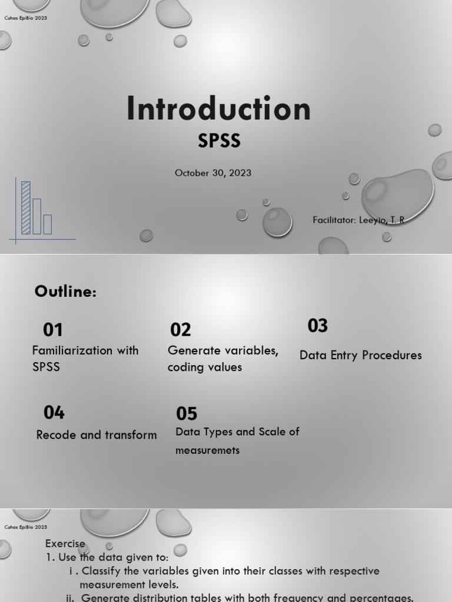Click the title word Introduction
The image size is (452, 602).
[218, 110]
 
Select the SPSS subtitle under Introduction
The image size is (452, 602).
[219, 141]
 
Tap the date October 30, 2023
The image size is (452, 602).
[213, 173]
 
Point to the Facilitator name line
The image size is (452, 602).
[358, 220]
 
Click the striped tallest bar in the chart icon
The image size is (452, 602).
[26, 208]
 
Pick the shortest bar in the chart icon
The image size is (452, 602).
[48, 224]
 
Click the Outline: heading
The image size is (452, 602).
[65, 292]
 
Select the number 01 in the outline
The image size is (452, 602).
[53, 330]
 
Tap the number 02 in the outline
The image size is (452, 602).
[181, 330]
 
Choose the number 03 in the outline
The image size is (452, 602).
[318, 326]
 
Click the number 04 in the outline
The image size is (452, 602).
[54, 413]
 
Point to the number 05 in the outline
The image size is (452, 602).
[187, 414]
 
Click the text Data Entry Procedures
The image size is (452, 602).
[360, 355]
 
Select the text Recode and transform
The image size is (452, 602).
[97, 435]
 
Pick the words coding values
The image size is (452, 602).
[204, 367]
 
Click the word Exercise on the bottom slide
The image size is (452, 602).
[65, 544]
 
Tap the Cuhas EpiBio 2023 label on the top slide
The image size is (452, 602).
[25, 18]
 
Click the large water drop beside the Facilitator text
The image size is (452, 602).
[397, 196]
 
